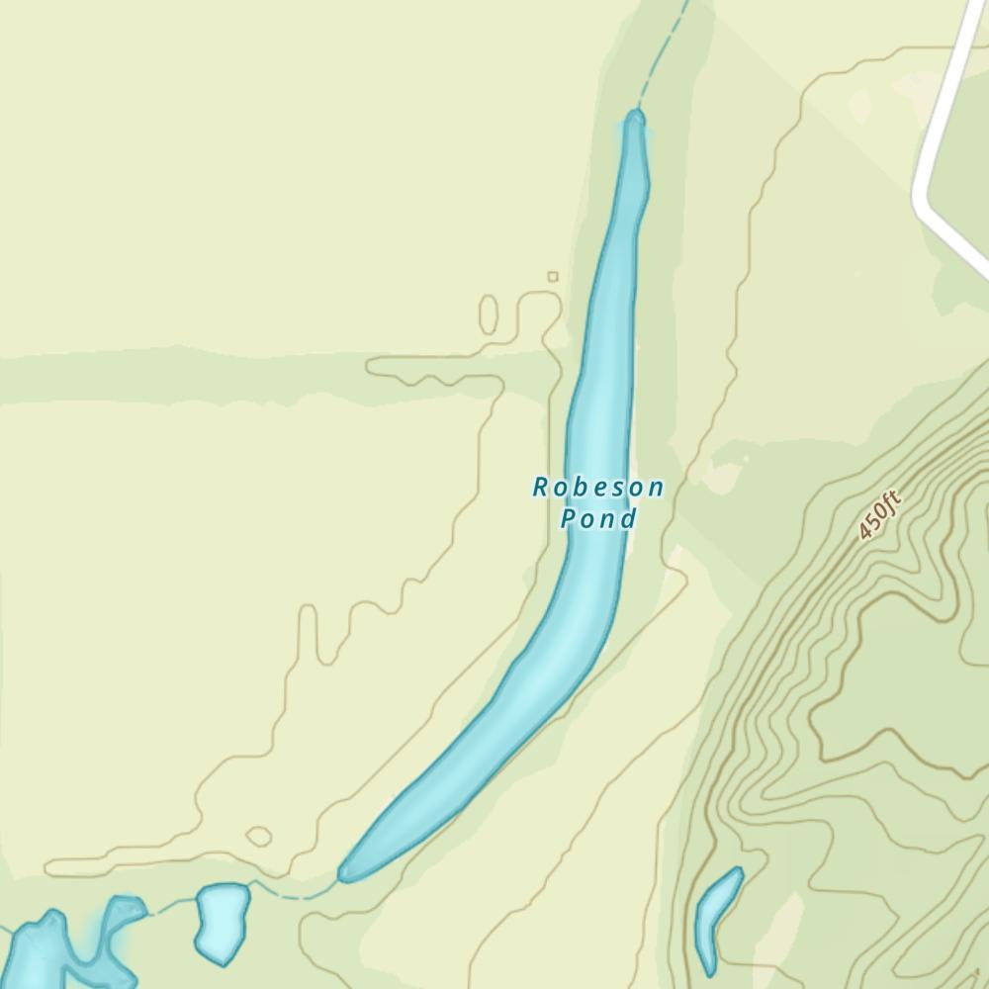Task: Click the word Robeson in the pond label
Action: coord(598,487)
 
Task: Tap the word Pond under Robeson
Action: coord(597,518)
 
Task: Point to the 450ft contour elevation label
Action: coord(879,516)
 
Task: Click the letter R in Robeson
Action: coord(540,487)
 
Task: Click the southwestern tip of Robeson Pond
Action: coord(344,874)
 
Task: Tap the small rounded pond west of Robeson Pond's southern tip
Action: coord(222,922)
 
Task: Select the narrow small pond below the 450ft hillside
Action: coord(718,920)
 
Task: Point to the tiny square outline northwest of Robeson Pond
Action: coord(553,277)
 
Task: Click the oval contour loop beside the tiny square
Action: coord(489,314)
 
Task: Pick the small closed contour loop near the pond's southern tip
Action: coord(259,837)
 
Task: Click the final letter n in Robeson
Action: coord(657,487)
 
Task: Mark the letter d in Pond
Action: coord(629,518)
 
